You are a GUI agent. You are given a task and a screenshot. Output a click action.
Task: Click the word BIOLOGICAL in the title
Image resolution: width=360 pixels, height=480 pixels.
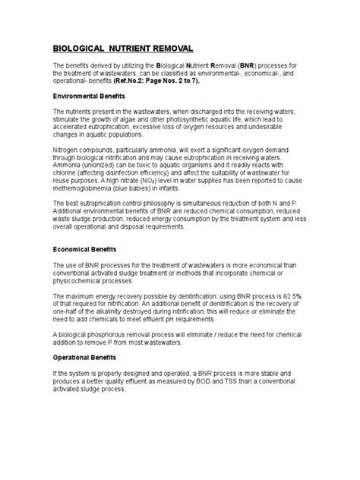(x=84, y=47)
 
